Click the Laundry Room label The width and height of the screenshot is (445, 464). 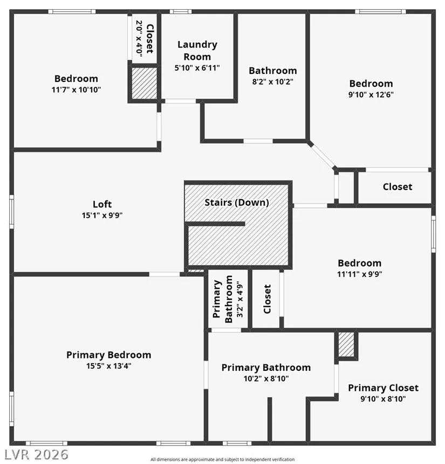[x=197, y=50]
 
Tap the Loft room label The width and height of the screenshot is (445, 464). [x=102, y=204]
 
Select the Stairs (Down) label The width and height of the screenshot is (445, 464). [x=237, y=203]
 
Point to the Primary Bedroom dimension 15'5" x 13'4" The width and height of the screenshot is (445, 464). [x=109, y=366]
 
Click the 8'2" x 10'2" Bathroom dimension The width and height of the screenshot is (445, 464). [x=272, y=82]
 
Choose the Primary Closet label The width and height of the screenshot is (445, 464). [x=383, y=387]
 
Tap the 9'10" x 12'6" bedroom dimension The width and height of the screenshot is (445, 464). [x=371, y=95]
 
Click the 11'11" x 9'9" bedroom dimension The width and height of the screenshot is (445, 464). [x=359, y=274]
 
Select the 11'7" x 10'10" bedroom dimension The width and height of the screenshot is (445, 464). [x=76, y=89]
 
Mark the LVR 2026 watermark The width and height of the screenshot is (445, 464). [x=36, y=454]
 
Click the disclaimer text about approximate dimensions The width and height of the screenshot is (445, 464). [x=222, y=460]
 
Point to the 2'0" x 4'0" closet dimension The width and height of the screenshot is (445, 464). [x=139, y=37]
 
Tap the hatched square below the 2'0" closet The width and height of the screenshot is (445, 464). [x=144, y=84]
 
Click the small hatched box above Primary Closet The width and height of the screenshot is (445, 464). [x=346, y=344]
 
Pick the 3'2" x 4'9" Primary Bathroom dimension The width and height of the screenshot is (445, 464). [x=239, y=299]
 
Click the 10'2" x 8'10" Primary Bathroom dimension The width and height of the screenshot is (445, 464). [x=266, y=378]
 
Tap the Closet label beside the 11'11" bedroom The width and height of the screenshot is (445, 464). [x=267, y=299]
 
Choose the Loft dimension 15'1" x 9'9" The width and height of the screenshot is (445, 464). [x=102, y=215]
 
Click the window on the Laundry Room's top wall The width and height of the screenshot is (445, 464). [x=181, y=11]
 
